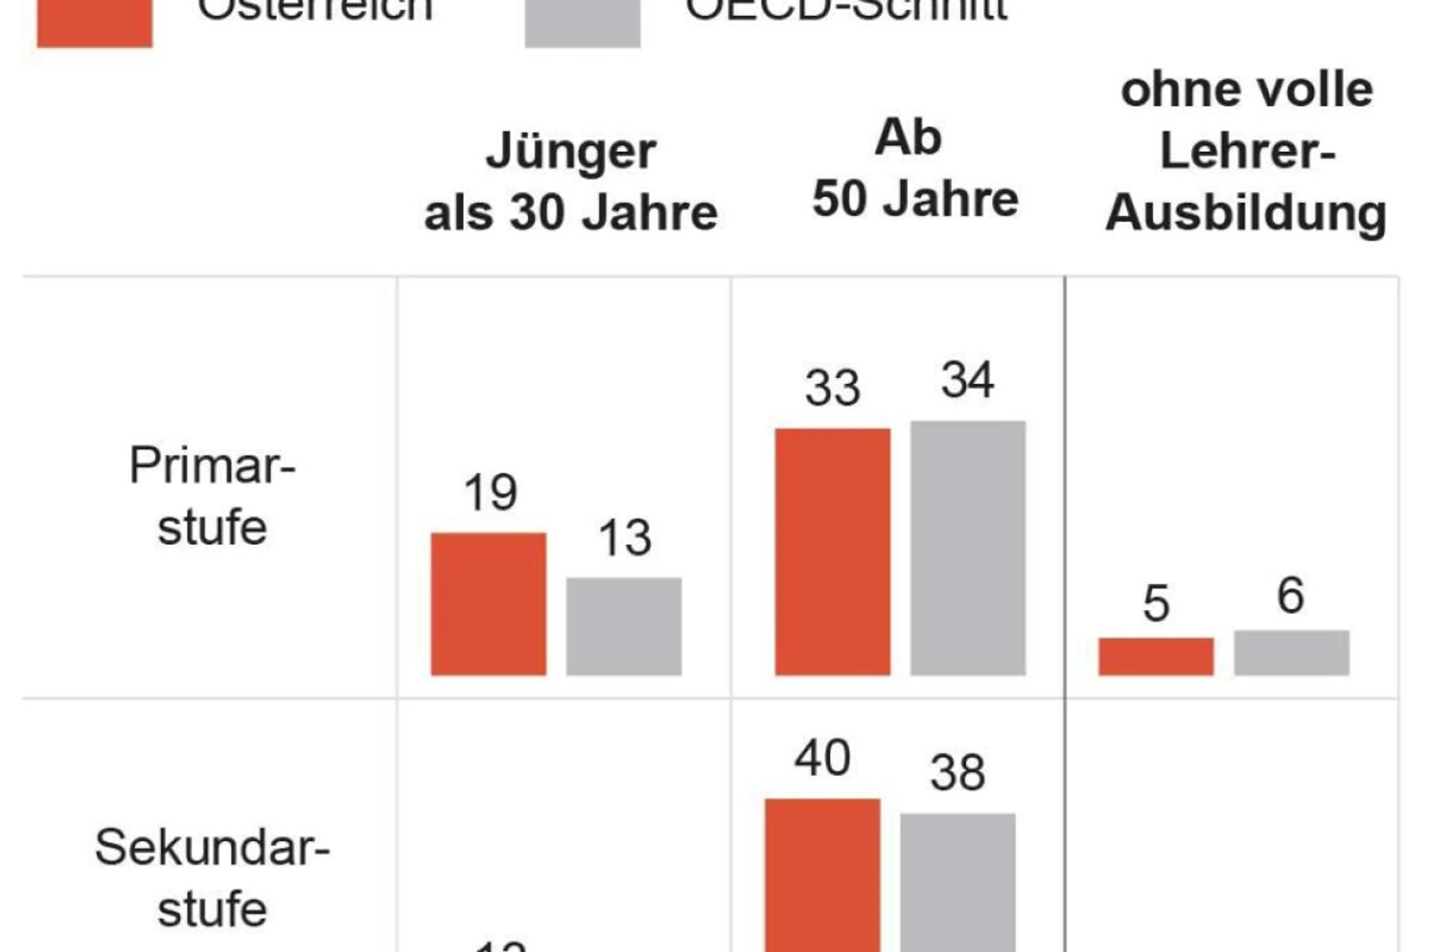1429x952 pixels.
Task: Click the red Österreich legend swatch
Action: (95, 23)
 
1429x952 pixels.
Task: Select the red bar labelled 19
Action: (488, 604)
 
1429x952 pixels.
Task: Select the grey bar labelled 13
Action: (624, 626)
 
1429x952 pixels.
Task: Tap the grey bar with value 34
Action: (968, 548)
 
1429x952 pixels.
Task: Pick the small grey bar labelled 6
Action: (1292, 653)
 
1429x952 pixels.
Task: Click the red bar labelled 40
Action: (822, 874)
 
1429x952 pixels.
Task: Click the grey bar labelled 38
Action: (957, 882)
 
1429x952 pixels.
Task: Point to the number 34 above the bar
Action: (967, 380)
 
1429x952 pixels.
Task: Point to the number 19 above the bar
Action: (490, 492)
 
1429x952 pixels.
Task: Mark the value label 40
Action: (822, 758)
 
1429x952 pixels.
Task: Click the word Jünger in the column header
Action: (570, 152)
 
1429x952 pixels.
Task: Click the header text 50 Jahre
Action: (915, 199)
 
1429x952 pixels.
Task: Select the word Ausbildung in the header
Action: (1246, 214)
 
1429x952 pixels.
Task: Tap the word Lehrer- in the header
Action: (1247, 151)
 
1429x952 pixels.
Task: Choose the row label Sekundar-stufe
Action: (212, 878)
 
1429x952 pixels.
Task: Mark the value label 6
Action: (1291, 596)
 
